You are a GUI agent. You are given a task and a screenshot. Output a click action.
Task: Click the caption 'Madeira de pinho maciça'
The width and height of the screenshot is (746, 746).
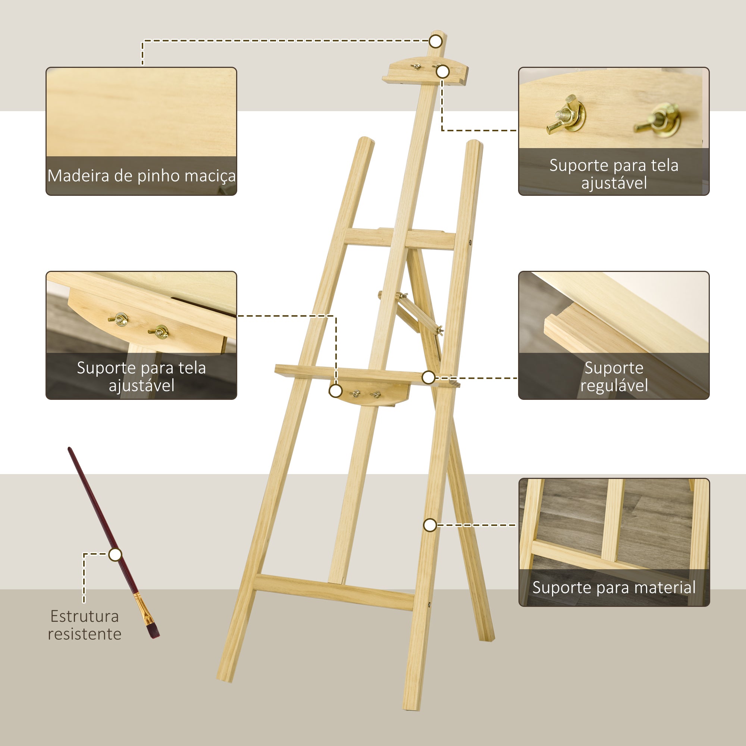click(141, 176)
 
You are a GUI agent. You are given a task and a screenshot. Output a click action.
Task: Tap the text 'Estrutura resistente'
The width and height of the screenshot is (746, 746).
click(85, 625)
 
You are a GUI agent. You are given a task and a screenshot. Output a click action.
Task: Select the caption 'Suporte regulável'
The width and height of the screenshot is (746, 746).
click(614, 376)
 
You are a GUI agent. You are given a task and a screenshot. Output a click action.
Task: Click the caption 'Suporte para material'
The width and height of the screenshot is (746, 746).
click(614, 587)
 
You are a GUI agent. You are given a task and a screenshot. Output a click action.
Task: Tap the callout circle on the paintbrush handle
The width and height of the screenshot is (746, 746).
click(115, 555)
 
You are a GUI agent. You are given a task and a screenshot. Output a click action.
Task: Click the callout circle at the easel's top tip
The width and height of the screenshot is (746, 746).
click(436, 41)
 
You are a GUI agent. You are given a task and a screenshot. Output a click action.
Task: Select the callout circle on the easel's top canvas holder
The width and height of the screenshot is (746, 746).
click(442, 72)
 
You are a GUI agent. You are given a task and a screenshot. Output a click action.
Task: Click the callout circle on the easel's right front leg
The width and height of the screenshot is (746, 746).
click(430, 525)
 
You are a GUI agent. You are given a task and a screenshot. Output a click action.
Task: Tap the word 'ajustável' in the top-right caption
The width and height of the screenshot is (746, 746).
click(614, 183)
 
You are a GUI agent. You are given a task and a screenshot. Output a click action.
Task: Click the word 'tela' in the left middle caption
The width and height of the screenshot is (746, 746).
click(191, 368)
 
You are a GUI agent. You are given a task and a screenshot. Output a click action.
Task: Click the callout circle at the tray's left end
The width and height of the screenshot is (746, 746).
click(336, 391)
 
